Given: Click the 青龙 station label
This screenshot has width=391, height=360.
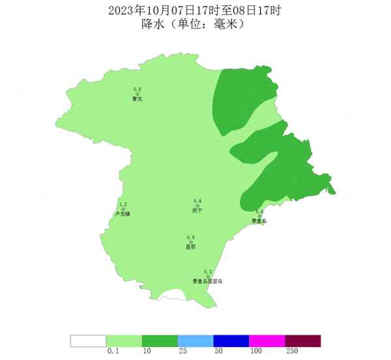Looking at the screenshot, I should (137, 99).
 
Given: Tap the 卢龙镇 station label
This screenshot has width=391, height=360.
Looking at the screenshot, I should (123, 214).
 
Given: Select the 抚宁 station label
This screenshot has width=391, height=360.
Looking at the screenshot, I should (197, 211).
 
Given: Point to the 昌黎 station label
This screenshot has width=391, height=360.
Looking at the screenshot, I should (191, 247).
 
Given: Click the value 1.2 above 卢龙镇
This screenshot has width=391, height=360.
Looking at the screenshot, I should (123, 204).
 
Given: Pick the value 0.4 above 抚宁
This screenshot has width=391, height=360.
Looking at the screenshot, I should (197, 201).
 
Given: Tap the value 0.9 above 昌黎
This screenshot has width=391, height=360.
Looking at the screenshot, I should (191, 237).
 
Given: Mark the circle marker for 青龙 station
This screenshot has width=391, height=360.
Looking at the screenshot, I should (137, 94).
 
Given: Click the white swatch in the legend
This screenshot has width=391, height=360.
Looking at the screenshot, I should (88, 340).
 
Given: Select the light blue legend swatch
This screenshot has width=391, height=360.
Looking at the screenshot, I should (195, 340).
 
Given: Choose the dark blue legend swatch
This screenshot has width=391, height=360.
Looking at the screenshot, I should (231, 340).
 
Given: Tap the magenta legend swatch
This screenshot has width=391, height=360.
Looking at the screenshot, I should (267, 340).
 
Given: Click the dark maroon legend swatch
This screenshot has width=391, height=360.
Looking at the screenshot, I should (303, 340).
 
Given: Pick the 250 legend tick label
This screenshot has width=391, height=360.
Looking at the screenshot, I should (291, 352).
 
